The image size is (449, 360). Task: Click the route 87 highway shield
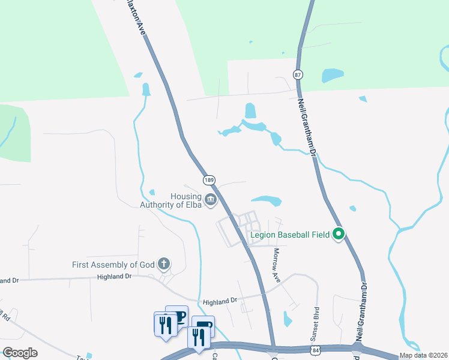(x=298, y=74)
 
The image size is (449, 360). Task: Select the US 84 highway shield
(x=316, y=349)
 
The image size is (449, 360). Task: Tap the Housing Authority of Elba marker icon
(x=210, y=200)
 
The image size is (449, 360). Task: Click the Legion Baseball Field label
(x=291, y=235)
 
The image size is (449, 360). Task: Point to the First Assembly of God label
(x=113, y=264)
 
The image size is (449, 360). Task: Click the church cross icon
(x=163, y=263)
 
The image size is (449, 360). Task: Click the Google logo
(x=20, y=352)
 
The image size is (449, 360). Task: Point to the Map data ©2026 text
(x=423, y=355)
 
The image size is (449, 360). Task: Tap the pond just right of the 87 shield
(x=332, y=75)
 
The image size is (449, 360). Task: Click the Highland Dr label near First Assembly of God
(x=114, y=276)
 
